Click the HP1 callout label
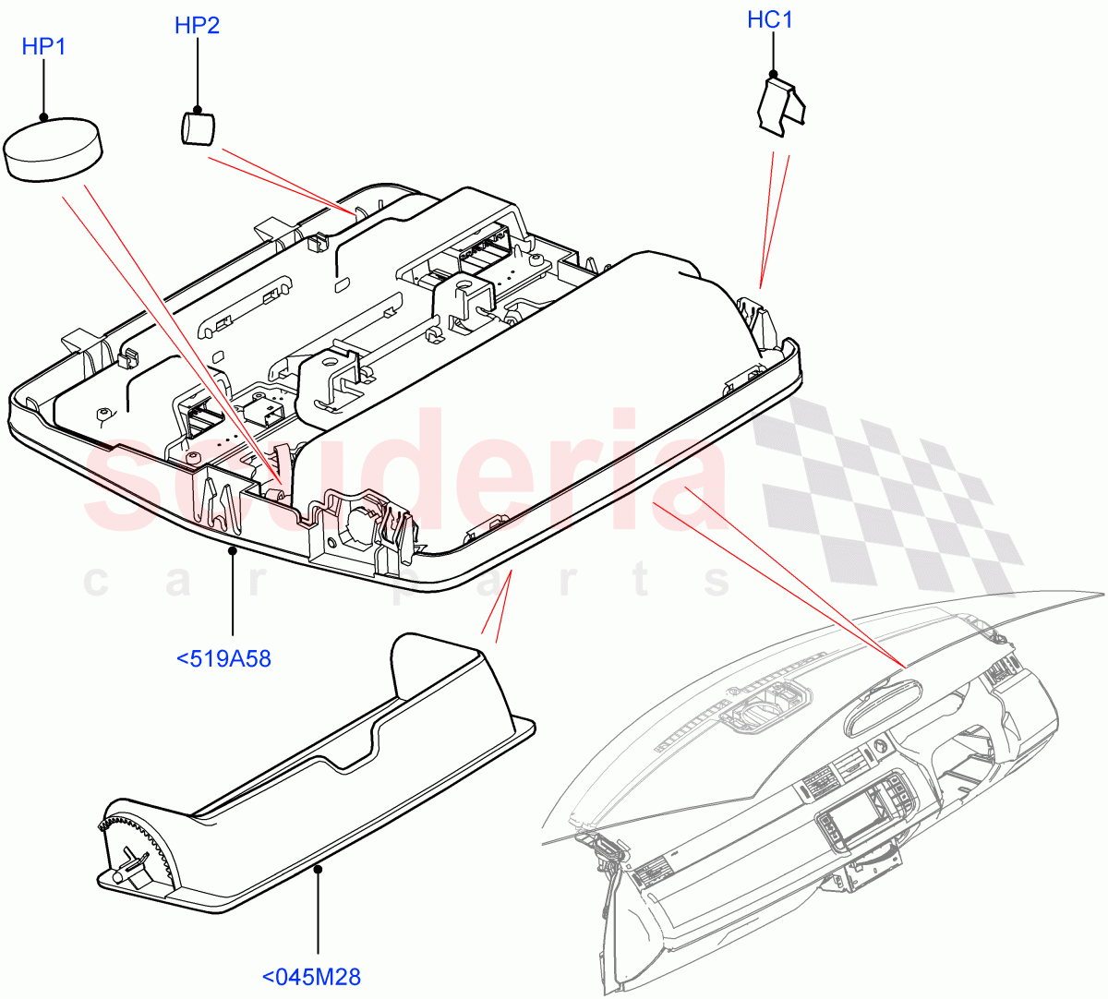click(x=44, y=46)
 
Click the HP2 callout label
click(x=197, y=25)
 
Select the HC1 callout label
click(x=770, y=19)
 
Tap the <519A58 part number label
click(x=223, y=658)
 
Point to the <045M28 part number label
click(x=311, y=976)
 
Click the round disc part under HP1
click(x=53, y=149)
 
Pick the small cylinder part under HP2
click(x=195, y=127)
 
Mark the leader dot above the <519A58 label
click(x=233, y=550)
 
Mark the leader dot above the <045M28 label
click(x=319, y=868)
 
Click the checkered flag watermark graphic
click(x=886, y=499)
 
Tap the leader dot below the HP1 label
click(x=44, y=117)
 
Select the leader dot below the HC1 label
click(x=773, y=73)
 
